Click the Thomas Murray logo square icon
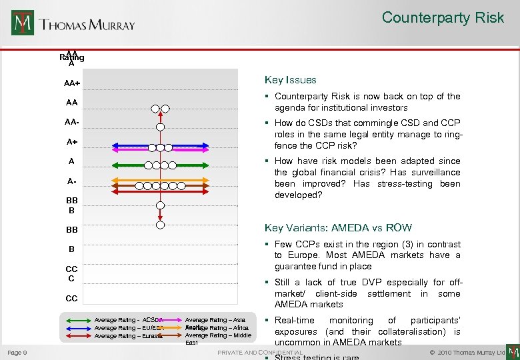coord(23,23)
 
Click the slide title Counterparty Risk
coord(443,18)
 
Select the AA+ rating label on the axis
coord(72,83)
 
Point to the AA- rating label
coord(72,122)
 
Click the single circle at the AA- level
coord(160,127)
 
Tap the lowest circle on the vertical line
coord(160,225)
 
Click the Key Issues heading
coord(291,80)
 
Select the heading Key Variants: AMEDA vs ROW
coord(338,228)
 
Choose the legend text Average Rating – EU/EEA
coord(129,328)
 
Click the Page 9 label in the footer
coord(17,352)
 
